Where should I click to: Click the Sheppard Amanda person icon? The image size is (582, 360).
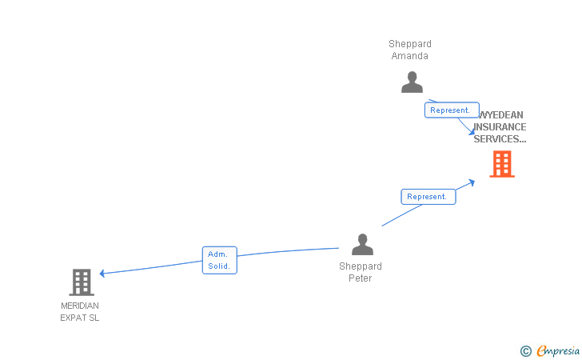[412, 82]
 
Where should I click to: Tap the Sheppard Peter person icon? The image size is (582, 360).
[363, 245]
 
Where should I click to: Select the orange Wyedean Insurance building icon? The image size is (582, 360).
[501, 164]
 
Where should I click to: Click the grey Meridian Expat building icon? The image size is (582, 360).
[82, 282]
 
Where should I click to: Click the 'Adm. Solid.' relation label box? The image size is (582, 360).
[219, 260]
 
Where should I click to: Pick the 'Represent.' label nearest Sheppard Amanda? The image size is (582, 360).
[452, 110]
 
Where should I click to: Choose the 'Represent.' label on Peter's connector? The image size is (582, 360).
[428, 197]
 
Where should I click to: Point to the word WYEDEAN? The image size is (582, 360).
[501, 115]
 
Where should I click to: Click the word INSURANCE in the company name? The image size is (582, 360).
[500, 127]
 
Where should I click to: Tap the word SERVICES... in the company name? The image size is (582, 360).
[500, 139]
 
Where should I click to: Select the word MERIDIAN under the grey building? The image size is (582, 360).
[80, 306]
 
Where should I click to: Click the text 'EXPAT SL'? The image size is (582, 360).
[80, 318]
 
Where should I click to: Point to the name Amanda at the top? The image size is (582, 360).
[410, 56]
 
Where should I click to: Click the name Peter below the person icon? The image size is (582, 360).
[360, 278]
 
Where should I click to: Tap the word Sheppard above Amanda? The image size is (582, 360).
[410, 44]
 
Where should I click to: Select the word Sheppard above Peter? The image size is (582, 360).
[361, 266]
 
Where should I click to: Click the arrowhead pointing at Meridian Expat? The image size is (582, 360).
[102, 274]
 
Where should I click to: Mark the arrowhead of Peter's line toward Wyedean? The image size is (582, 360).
[472, 182]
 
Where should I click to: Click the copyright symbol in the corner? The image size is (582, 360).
[525, 350]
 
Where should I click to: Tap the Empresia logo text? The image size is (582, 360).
[558, 350]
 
